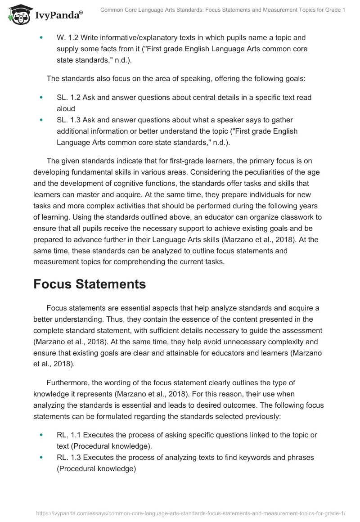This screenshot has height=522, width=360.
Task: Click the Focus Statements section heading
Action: point(90,284)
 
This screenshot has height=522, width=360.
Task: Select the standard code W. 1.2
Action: point(69,38)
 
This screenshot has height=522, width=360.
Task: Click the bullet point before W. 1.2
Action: point(42,38)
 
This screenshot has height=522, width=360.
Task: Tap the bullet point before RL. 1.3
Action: point(42,457)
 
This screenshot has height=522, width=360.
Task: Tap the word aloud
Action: point(66,108)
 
